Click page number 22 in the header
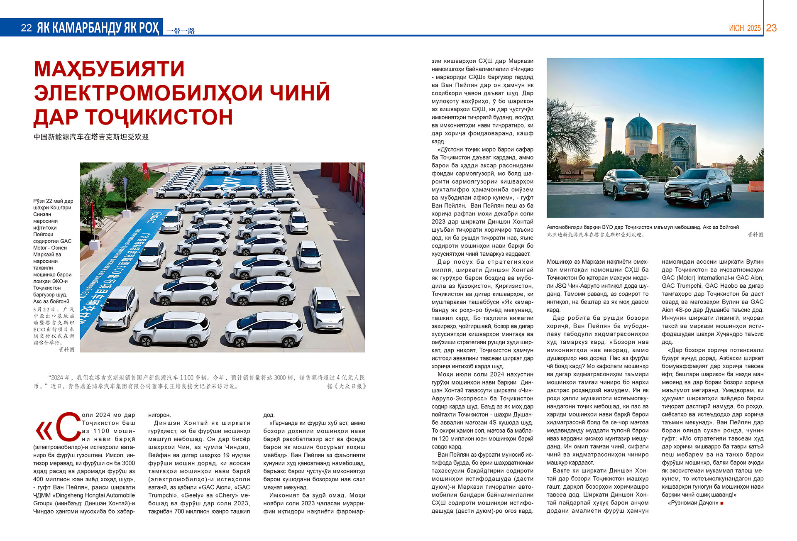[x=26, y=28]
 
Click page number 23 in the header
[x=771, y=28]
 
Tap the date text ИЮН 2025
[x=745, y=28]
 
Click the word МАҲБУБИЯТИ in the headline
[x=109, y=69]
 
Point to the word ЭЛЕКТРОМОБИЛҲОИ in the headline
[x=148, y=93]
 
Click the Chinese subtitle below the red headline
[x=91, y=137]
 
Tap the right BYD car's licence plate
[x=675, y=194]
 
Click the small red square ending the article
[x=722, y=503]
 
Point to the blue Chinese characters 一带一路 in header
[x=181, y=31]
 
